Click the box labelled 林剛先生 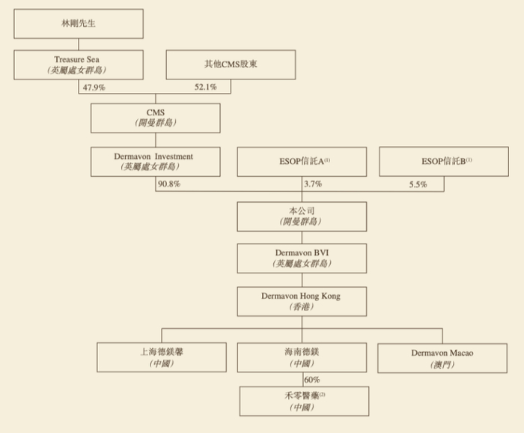coord(79,23)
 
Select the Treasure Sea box coord(79,64)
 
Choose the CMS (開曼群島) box coord(155,118)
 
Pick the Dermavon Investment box coord(155,161)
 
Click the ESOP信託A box coord(302,161)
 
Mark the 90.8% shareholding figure coord(168,184)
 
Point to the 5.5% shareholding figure coord(418,184)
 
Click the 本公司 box coord(302,216)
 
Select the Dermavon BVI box coord(302,258)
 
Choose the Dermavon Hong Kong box coord(302,301)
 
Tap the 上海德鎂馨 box coord(162,357)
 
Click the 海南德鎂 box coord(302,357)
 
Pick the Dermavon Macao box coord(442,357)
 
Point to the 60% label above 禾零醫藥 coord(312,380)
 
